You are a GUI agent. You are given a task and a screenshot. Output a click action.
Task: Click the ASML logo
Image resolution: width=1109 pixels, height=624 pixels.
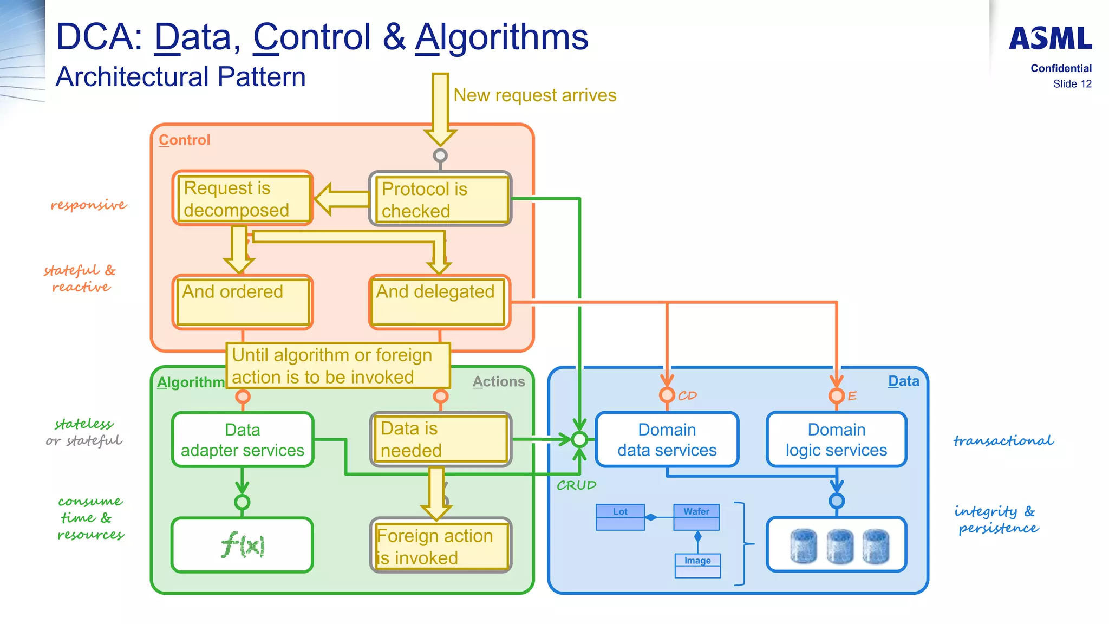point(1050,38)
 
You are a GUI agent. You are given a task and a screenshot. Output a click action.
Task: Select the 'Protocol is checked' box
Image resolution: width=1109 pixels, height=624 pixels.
point(440,199)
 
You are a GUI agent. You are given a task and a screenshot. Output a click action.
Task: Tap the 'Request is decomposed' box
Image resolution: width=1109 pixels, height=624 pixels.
point(242,198)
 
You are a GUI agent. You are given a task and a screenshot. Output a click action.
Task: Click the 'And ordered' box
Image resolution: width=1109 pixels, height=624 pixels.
point(242,302)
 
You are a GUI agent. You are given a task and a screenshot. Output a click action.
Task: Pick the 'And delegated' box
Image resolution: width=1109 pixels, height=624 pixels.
point(439,302)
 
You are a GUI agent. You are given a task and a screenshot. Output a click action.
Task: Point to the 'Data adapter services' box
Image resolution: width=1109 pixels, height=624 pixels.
point(242,439)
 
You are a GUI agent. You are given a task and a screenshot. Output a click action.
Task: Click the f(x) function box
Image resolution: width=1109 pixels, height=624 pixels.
point(242,545)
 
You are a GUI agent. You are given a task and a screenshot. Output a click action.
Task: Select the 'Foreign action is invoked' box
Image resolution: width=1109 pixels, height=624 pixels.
point(440,545)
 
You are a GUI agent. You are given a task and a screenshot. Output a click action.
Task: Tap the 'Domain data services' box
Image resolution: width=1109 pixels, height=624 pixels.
point(667,439)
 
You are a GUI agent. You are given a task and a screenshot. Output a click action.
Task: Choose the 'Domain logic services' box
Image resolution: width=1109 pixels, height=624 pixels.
point(836,439)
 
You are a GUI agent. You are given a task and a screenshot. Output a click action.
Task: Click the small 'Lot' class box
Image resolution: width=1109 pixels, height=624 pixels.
point(620,517)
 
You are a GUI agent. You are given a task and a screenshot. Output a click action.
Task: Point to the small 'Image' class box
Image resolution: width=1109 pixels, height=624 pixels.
point(697,565)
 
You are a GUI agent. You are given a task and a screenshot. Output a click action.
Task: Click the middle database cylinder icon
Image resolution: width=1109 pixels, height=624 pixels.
point(839,546)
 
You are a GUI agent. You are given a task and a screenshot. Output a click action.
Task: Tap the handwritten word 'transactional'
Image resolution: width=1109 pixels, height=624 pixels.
point(1003,441)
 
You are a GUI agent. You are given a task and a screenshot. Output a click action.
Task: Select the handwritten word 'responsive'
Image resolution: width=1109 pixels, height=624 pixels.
point(89,205)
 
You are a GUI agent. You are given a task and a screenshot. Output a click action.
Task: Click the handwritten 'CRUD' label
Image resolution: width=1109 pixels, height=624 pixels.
point(576,485)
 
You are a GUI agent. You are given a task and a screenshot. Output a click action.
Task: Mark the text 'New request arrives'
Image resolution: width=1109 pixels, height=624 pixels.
point(534,95)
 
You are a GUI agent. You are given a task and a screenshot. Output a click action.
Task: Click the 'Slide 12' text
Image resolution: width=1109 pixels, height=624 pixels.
point(1072,84)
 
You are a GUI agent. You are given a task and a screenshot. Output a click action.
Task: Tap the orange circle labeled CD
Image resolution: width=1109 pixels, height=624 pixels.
point(667,395)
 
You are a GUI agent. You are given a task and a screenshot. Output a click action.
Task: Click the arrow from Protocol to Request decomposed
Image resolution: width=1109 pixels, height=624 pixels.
point(341,199)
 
